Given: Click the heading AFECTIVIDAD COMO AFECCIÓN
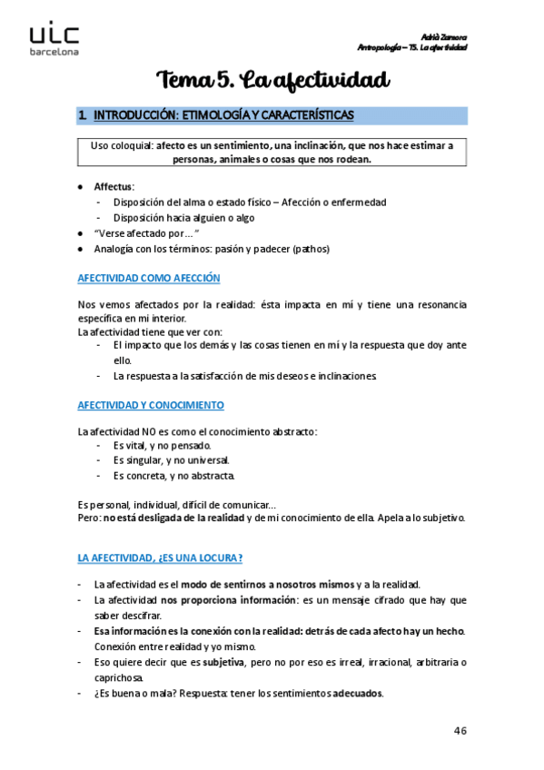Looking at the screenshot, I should (149, 278).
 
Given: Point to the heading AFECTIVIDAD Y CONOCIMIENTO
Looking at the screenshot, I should (151, 405).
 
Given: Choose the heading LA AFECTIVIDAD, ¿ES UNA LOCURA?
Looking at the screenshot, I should (161, 558).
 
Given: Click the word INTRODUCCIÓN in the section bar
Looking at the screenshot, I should (132, 115).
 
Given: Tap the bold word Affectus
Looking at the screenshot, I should (114, 186).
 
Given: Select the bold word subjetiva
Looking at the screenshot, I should (222, 662).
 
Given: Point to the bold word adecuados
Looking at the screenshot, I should (358, 694).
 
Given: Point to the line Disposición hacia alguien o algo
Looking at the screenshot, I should (184, 217).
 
